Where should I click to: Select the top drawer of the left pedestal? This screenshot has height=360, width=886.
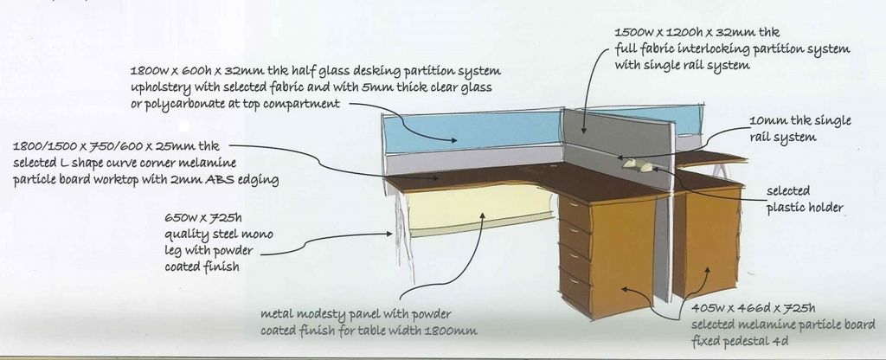coord(573,210)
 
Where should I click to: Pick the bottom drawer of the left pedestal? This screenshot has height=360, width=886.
coord(575,290)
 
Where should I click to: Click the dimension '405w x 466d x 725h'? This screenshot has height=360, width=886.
coord(754,308)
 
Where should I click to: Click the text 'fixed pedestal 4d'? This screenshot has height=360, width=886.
coord(740,340)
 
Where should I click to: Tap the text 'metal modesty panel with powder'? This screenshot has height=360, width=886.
coord(356,314)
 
